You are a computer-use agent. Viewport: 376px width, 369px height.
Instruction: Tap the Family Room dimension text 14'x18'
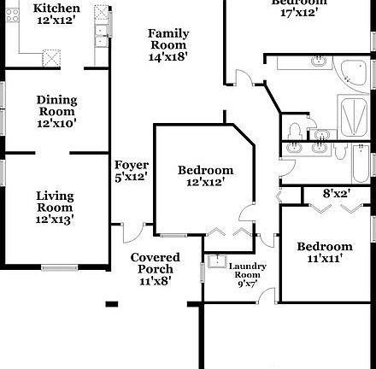(x=168, y=56)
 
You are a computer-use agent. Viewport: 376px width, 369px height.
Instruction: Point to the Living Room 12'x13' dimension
(x=55, y=220)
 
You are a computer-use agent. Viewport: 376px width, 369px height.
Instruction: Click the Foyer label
(x=132, y=165)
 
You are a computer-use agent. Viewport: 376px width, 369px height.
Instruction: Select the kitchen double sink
(x=102, y=32)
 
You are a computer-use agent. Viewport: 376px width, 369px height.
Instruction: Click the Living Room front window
(x=60, y=268)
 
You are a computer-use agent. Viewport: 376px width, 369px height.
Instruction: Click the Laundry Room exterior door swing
(x=268, y=296)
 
